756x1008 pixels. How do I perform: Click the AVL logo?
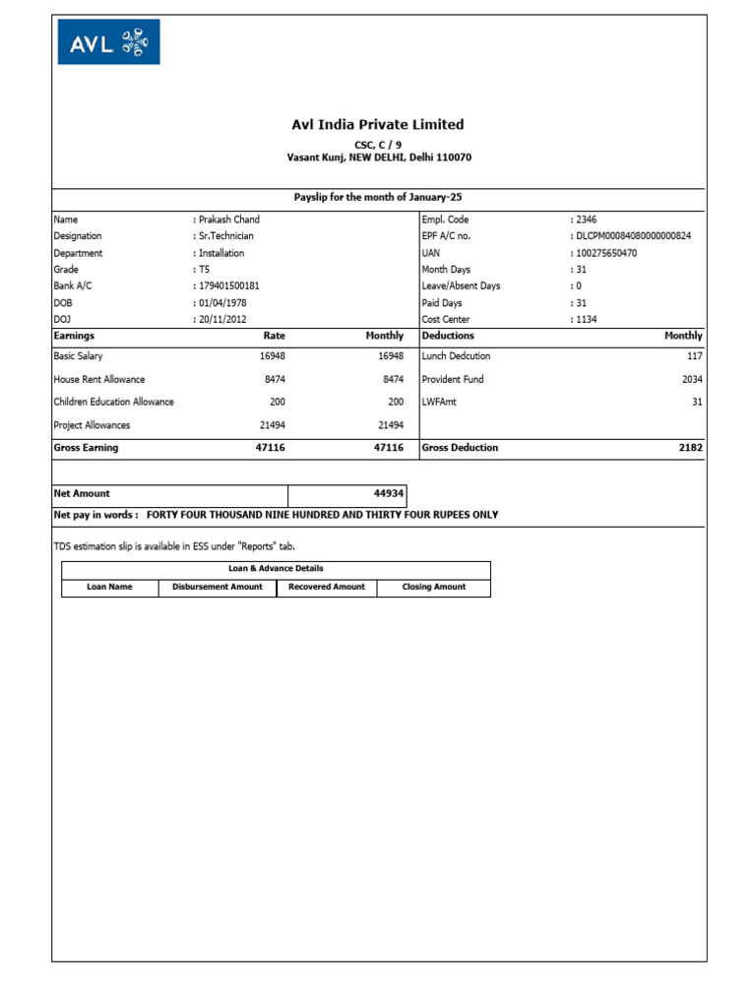click(108, 42)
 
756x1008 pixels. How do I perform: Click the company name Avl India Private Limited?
click(378, 125)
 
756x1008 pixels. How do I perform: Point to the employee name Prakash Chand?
click(228, 220)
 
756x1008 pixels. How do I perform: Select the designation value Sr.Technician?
click(226, 236)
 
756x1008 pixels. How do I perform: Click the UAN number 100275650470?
click(606, 253)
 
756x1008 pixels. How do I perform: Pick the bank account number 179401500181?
click(229, 285)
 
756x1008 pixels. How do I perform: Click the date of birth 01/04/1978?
click(222, 302)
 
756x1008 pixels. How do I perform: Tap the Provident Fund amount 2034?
click(692, 379)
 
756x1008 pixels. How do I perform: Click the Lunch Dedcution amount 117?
click(695, 356)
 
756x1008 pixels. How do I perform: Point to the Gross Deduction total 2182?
click(691, 448)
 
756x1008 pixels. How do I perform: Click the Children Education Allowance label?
click(113, 402)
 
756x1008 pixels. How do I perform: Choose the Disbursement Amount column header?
click(218, 587)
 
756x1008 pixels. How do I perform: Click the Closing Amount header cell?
click(434, 587)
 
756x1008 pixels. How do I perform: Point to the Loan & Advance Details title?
click(276, 569)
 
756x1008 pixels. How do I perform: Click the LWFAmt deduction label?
click(440, 402)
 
